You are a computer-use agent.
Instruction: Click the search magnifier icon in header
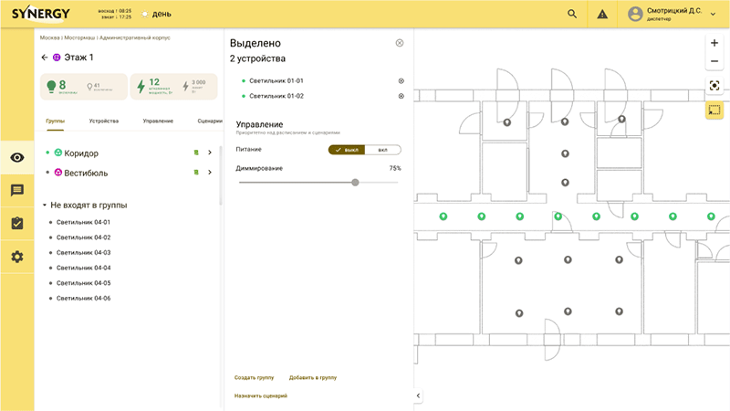[x=572, y=14]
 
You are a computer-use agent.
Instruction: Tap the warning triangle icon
[x=602, y=14]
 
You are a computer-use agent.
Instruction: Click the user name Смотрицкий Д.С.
[x=673, y=11]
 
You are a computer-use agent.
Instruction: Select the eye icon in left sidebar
[x=16, y=157]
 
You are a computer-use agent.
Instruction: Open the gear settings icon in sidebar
[x=16, y=257]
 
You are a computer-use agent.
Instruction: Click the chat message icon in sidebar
[x=16, y=190]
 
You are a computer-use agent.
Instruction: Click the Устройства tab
[x=103, y=121]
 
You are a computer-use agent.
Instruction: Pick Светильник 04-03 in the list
[x=83, y=252]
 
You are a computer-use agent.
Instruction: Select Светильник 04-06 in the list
[x=83, y=298]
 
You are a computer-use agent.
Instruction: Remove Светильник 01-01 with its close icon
[x=401, y=80]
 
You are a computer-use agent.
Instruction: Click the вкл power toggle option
[x=382, y=150]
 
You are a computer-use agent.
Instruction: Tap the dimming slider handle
[x=355, y=183]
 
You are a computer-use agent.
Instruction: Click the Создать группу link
[x=254, y=377]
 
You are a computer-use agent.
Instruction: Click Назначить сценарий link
[x=260, y=395]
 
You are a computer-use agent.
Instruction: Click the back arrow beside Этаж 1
[x=45, y=58]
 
